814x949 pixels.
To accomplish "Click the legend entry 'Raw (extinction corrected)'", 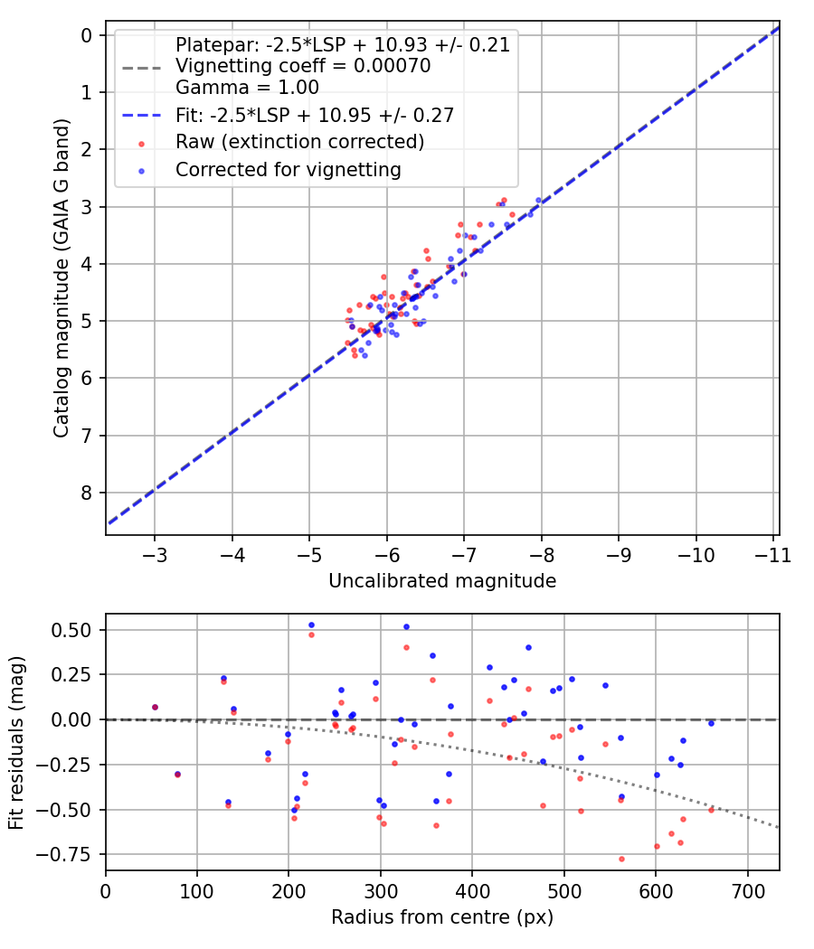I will point(299,142).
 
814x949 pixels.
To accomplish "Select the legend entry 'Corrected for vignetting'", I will point(288,169).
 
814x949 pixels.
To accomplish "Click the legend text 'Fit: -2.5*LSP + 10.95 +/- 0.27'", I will point(314,115).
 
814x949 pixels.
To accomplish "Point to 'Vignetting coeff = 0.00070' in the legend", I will point(303,66).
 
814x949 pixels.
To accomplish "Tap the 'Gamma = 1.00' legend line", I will point(247,88).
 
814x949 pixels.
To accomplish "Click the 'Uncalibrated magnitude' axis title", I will point(441,581).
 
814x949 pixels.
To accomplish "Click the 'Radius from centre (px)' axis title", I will point(441,917).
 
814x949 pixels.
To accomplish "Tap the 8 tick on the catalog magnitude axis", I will point(87,493).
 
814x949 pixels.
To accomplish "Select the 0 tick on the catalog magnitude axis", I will point(87,35).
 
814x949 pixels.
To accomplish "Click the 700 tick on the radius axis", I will point(748,891).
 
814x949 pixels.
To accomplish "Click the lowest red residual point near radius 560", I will point(621,859).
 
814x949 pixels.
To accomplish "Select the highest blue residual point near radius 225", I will point(311,625).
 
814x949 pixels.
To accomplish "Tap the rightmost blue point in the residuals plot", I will point(711,723).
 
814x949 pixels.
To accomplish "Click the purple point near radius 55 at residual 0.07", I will point(155,707).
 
